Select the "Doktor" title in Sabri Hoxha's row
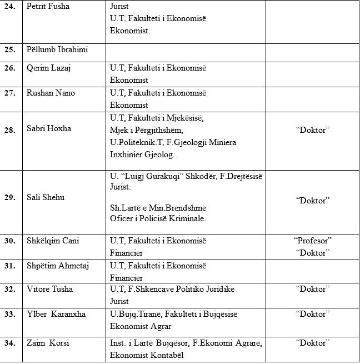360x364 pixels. click(x=312, y=129)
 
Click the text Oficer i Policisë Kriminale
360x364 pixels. click(x=158, y=218)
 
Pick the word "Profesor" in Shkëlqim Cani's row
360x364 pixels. click(x=312, y=241)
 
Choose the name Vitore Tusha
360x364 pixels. click(x=50, y=290)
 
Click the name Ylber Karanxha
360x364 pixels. click(x=56, y=315)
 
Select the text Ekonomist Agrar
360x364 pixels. click(x=141, y=326)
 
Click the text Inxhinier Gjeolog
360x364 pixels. click(x=142, y=154)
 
